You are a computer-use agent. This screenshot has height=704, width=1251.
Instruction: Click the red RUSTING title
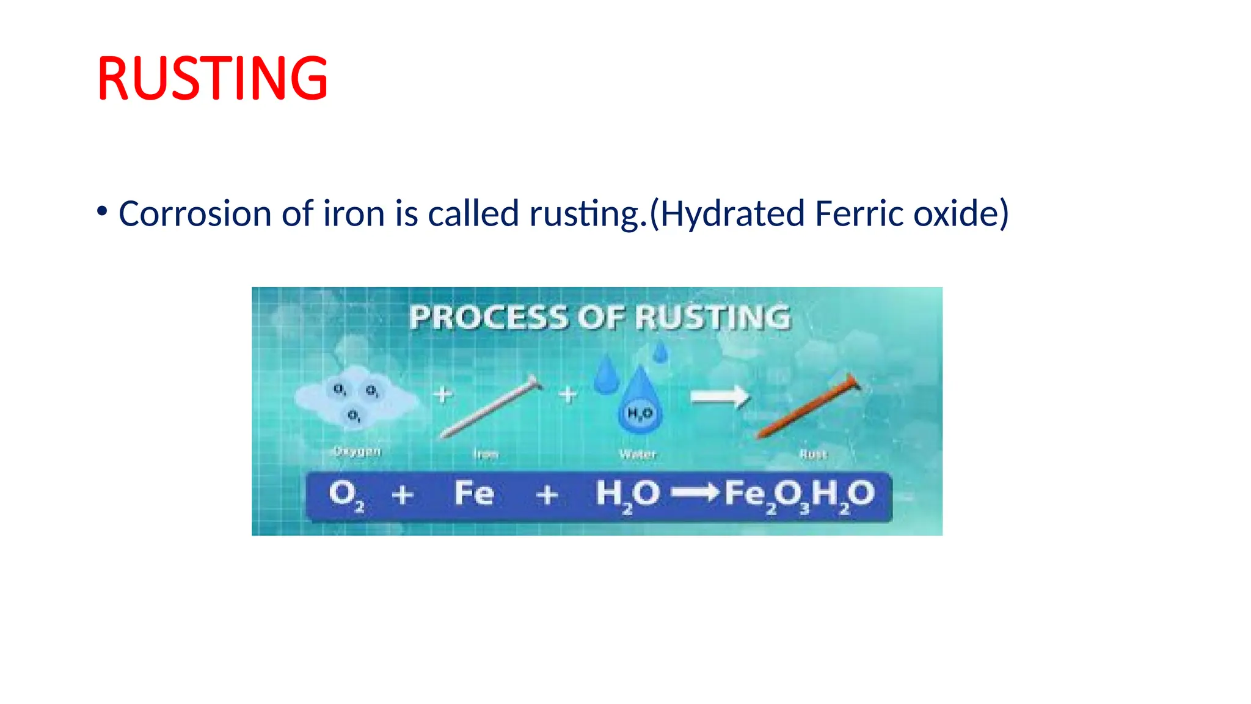pyautogui.click(x=212, y=78)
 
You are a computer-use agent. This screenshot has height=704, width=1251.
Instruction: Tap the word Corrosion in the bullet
pyautogui.click(x=195, y=214)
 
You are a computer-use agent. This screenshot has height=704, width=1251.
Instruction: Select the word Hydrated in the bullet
pyautogui.click(x=732, y=214)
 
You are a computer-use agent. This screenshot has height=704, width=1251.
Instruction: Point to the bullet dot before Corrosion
pyautogui.click(x=102, y=211)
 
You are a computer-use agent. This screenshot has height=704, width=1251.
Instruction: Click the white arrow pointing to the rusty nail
pyautogui.click(x=720, y=397)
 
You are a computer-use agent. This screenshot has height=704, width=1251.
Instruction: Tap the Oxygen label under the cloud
pyautogui.click(x=357, y=452)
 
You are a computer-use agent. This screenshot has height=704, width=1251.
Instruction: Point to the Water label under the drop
pyautogui.click(x=637, y=454)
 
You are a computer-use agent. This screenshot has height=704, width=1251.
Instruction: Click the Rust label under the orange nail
pyautogui.click(x=812, y=454)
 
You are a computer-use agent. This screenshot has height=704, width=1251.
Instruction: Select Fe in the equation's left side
pyautogui.click(x=474, y=493)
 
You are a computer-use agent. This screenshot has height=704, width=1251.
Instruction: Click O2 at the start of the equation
pyautogui.click(x=346, y=495)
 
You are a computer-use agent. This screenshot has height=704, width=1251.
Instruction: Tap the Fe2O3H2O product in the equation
pyautogui.click(x=799, y=495)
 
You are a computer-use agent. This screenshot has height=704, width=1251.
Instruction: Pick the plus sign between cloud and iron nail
pyautogui.click(x=443, y=395)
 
